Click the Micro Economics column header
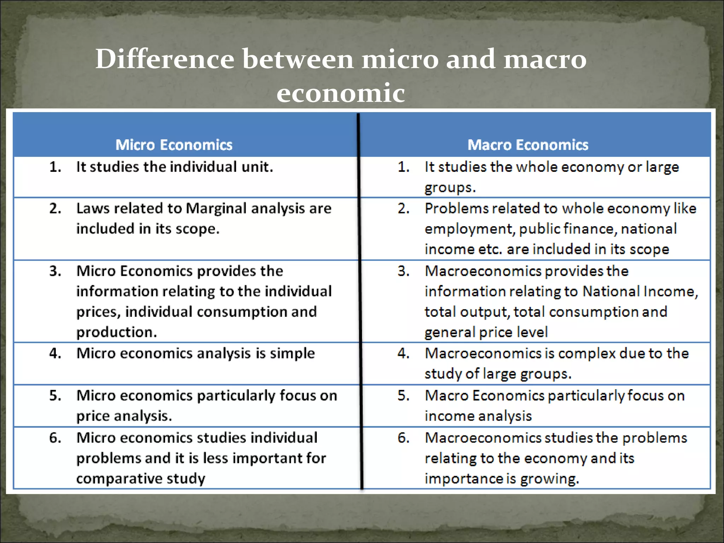coord(174,145)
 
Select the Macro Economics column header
coord(528,145)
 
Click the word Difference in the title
coord(165,59)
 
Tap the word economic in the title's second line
coord(340,93)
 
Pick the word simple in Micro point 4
coord(292,353)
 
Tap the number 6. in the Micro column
coord(56,438)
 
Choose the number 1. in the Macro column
coord(404,167)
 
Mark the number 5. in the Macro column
coord(404,396)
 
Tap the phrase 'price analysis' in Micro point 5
coord(124,416)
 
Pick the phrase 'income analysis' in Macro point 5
coord(478,416)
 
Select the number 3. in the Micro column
coord(56,271)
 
